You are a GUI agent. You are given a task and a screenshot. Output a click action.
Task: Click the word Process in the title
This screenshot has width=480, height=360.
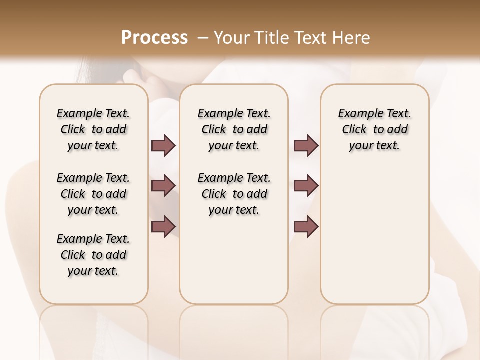[154, 38]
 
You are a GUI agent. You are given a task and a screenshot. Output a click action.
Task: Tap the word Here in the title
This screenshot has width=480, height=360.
[352, 38]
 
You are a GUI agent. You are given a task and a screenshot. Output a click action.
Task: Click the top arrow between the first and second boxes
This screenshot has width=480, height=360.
[163, 145]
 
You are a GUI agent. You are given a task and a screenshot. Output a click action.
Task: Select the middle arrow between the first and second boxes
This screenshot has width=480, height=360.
[163, 186]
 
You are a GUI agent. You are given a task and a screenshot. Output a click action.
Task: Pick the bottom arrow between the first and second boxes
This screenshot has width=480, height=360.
[163, 226]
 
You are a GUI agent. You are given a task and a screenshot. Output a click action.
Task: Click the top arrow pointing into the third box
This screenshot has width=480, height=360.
[306, 145]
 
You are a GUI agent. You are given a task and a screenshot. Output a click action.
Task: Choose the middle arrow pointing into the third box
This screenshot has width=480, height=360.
[306, 186]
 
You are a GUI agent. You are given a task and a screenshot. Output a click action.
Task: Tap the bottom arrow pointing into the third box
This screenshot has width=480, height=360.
[306, 226]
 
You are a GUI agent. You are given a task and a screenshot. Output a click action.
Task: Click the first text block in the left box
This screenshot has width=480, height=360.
[93, 129]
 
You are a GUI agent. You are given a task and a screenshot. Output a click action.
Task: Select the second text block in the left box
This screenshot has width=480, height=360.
[93, 194]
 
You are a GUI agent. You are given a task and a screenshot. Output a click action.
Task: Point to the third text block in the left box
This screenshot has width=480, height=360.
[93, 255]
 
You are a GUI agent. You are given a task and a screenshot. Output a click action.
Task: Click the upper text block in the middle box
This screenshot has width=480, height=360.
[234, 129]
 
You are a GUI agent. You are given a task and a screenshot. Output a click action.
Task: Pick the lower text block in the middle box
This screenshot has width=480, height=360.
[234, 194]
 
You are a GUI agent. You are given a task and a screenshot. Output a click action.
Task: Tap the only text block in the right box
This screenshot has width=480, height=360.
[374, 129]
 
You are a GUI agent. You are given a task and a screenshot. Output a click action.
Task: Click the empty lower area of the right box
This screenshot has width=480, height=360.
[374, 235]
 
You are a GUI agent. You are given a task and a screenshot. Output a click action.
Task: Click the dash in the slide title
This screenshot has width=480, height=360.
[203, 38]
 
